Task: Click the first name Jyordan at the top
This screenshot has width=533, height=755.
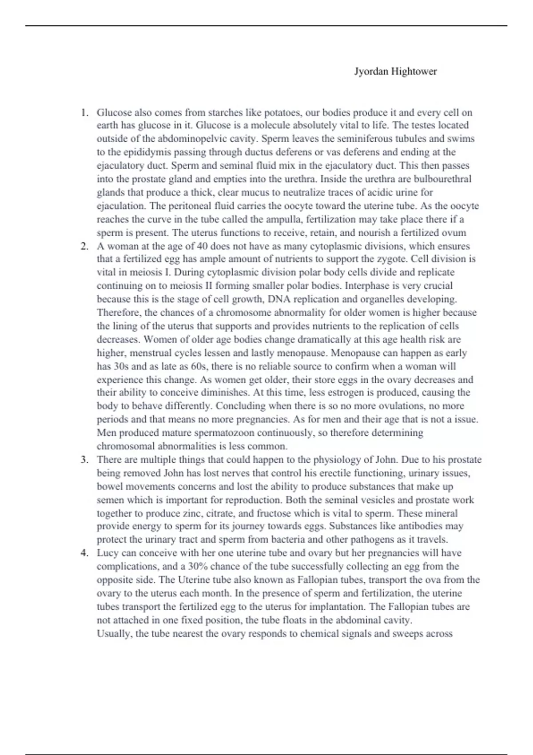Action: tap(371, 72)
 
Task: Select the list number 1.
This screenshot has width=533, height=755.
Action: tap(84, 112)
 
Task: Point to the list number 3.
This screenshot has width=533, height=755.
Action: tap(84, 460)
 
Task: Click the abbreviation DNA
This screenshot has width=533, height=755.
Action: tap(277, 299)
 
